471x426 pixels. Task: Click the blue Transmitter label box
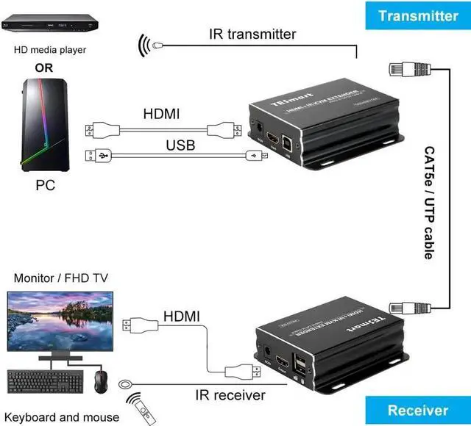(x=417, y=15)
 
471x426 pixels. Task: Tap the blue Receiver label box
(x=417, y=411)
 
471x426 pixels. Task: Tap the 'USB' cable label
(x=180, y=145)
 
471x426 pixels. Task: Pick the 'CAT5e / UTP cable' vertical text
(x=428, y=203)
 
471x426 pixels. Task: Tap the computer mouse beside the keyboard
(x=101, y=378)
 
